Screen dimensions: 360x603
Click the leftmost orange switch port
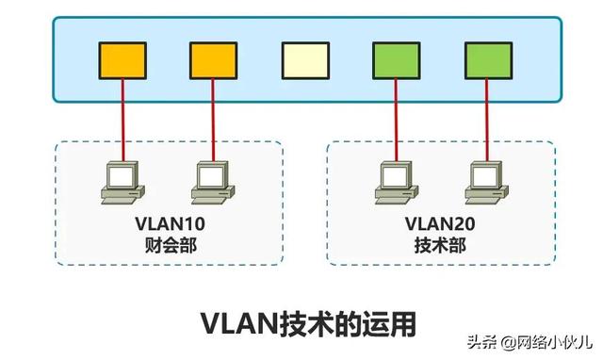[122, 59]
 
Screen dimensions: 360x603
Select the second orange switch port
[213, 59]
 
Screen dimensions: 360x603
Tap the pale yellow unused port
[305, 59]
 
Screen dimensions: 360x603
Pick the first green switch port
[396, 59]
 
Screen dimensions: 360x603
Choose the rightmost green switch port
[487, 59]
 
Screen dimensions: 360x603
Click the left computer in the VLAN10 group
[122, 182]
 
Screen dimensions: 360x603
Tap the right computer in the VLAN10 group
[212, 182]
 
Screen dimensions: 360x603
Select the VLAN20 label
[441, 224]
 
